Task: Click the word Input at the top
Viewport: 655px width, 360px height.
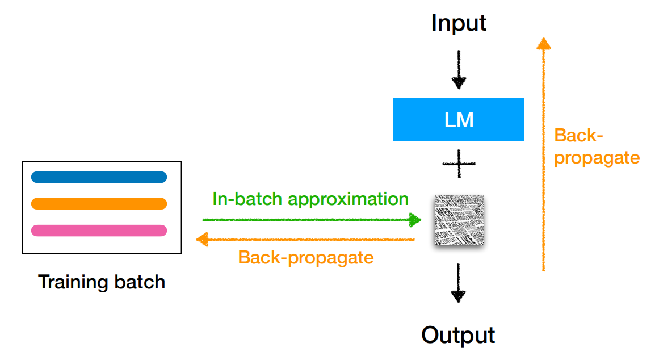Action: [x=459, y=23]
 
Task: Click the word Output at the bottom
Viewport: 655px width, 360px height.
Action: [x=458, y=334]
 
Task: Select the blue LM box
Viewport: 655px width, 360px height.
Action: [x=459, y=119]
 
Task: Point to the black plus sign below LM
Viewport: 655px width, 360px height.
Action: [x=459, y=164]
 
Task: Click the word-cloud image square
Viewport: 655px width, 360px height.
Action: [x=459, y=220]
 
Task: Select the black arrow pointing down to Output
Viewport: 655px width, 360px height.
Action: [x=459, y=281]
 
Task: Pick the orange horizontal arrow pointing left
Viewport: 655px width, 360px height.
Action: [x=306, y=240]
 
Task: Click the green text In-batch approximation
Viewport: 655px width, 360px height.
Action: [x=310, y=199]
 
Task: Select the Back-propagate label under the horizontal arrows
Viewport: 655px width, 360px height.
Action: [x=306, y=257]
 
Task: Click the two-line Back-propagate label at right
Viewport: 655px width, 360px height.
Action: [x=596, y=146]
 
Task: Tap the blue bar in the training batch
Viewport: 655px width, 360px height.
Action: [x=99, y=177]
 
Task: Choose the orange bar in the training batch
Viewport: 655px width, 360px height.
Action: [x=99, y=203]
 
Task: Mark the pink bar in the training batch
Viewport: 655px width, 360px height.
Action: [x=99, y=230]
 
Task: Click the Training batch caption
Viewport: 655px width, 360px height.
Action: [x=102, y=282]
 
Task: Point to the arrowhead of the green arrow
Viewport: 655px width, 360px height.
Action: [x=416, y=220]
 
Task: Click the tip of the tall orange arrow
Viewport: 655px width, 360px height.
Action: [x=544, y=41]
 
